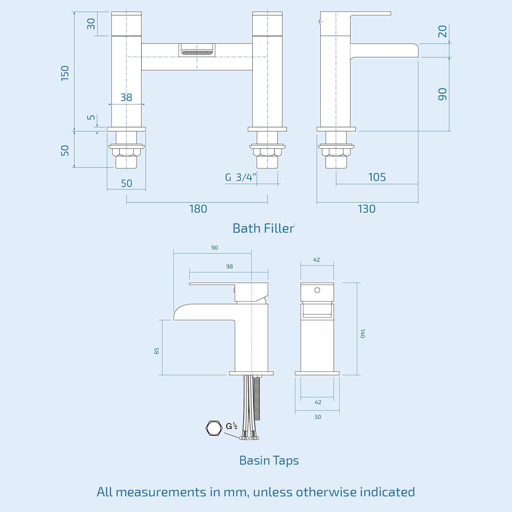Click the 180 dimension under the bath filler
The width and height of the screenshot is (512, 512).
coord(198,209)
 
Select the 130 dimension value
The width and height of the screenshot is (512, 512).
coord(366,209)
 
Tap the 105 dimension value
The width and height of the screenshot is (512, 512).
coord(377,177)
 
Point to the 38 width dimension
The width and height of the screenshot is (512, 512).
coord(126,97)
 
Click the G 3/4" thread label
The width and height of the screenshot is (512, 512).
coord(240,177)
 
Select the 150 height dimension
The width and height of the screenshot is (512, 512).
coord(65,73)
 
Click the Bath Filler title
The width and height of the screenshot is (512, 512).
coord(263,228)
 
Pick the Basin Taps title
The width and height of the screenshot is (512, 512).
coord(269,460)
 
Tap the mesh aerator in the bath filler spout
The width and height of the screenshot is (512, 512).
coord(197,52)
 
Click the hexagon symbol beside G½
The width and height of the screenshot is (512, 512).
coord(214,428)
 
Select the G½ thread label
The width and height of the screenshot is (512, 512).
coord(231,426)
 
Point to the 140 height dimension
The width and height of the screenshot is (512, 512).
coord(362,333)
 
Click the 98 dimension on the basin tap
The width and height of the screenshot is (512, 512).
coord(229,267)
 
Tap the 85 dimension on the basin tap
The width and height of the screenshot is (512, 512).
coord(156,351)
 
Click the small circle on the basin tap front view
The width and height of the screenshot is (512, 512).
coord(317,290)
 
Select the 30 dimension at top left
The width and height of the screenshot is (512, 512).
coord(91,24)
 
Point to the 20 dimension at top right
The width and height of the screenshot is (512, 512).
coord(442,31)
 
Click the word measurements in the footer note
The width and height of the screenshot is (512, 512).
coord(161,492)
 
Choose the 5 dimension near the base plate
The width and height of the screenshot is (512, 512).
coord(91,117)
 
